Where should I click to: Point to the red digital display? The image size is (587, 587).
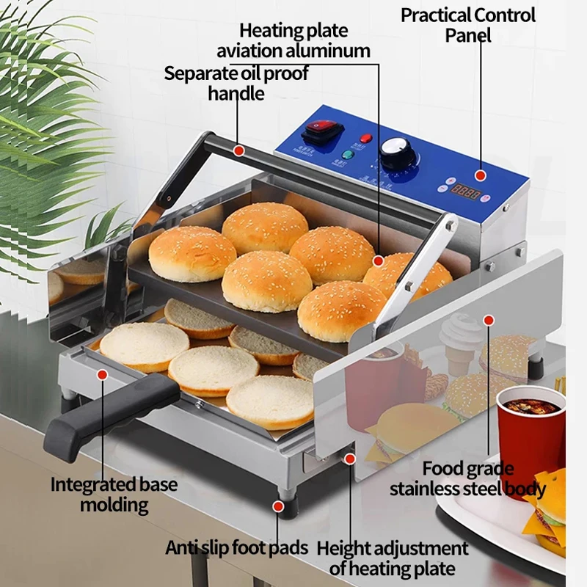[467, 194]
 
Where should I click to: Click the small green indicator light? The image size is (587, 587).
[348, 155]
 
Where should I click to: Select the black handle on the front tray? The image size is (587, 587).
[110, 409]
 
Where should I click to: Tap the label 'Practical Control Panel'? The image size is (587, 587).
[468, 24]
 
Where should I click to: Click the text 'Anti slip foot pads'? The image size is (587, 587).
[238, 547]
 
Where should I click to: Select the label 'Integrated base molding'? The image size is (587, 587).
[114, 495]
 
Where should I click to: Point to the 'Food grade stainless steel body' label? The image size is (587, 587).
[467, 478]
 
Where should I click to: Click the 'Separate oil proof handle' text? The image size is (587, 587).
[236, 83]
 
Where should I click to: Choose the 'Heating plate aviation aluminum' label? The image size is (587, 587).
[304, 41]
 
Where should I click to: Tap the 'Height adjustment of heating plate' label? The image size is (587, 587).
[393, 558]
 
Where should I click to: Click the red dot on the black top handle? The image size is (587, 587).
[238, 150]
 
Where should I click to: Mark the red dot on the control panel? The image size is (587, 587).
[479, 175]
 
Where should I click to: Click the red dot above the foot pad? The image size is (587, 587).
[279, 506]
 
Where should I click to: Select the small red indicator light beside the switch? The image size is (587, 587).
[365, 138]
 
